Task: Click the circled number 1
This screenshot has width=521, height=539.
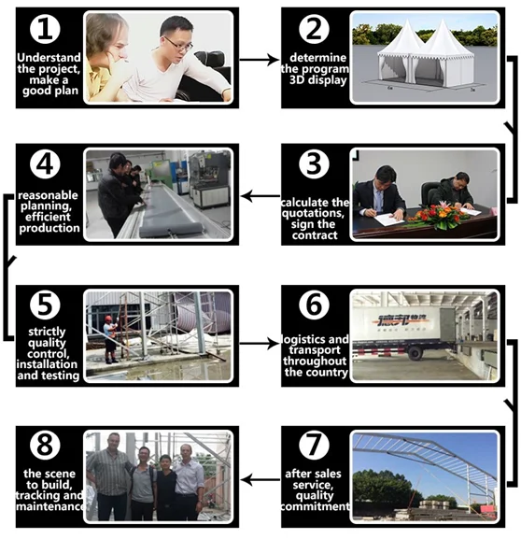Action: point(45,30)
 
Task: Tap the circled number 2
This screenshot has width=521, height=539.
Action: point(314,30)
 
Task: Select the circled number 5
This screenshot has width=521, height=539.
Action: point(45,305)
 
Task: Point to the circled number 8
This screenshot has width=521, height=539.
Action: point(45,446)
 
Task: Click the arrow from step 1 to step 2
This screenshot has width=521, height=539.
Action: point(260,60)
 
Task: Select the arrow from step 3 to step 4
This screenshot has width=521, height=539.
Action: point(260,196)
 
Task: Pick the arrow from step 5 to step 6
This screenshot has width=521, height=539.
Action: point(260,343)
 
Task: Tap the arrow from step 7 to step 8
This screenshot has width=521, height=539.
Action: point(260,480)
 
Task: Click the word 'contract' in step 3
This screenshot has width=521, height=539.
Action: point(315,235)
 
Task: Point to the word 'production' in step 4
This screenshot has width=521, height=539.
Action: point(49,228)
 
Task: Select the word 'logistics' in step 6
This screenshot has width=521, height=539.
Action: point(298,339)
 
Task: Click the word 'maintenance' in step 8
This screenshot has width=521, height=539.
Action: point(50,506)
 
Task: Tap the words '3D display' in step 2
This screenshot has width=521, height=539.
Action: point(317,80)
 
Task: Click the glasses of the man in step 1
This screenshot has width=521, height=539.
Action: point(178,44)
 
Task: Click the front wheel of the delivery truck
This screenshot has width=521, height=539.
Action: point(415,353)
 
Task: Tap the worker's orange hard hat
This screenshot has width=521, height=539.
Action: point(108,319)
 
